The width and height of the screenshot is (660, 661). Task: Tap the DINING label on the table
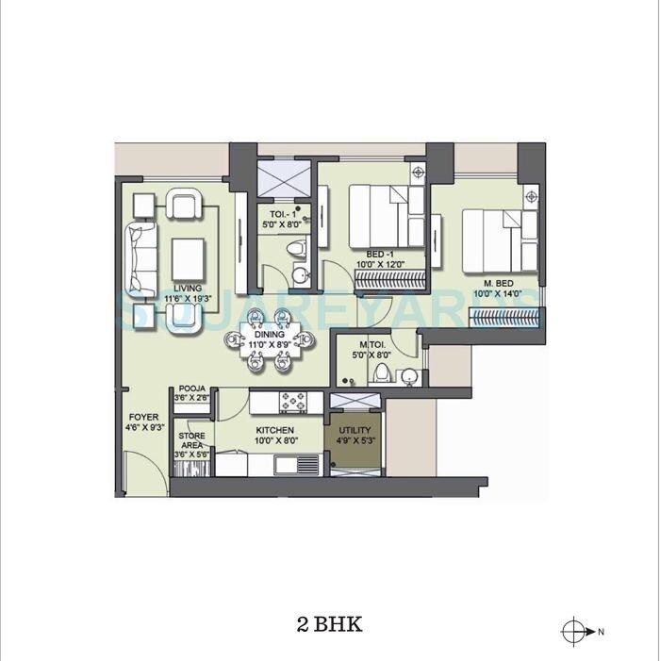[268, 334]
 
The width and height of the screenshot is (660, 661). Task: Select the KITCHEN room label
[276, 431]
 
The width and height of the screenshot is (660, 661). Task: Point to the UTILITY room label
[355, 432]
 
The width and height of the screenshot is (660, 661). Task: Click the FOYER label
[144, 417]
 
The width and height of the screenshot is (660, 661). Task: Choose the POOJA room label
[191, 388]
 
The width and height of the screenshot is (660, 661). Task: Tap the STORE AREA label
[191, 441]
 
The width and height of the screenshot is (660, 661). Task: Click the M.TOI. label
[370, 345]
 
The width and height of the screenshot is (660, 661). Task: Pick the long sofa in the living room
[140, 256]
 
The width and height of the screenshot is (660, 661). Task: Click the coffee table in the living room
[188, 255]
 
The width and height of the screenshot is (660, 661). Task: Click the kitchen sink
[303, 464]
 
